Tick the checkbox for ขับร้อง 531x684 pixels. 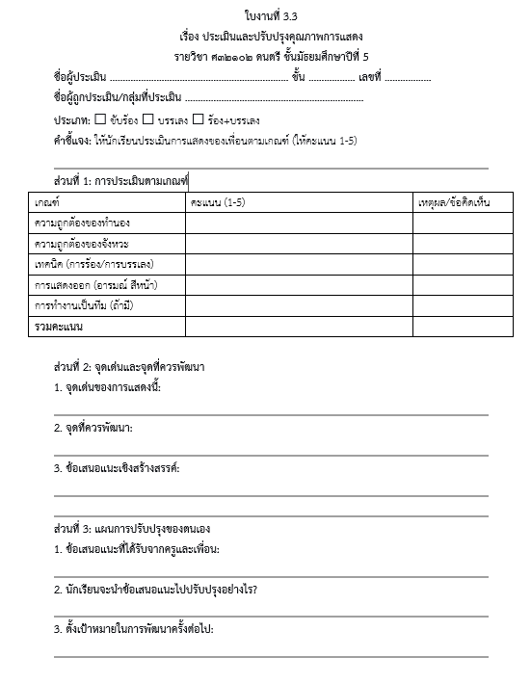[101, 119]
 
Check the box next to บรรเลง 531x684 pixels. [148, 119]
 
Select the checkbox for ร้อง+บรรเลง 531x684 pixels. [198, 119]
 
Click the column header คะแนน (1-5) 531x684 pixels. [218, 202]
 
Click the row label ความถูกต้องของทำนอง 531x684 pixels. [82, 224]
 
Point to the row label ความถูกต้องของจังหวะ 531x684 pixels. [82, 244]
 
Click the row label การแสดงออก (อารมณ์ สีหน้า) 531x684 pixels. [95, 285]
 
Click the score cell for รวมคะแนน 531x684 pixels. [300, 327]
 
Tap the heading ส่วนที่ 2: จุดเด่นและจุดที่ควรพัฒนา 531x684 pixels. [129, 368]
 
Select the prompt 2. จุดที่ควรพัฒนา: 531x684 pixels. [93, 427]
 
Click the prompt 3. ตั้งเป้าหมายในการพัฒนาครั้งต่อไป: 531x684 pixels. [133, 629]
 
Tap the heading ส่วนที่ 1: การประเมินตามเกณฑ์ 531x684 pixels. [121, 180]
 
